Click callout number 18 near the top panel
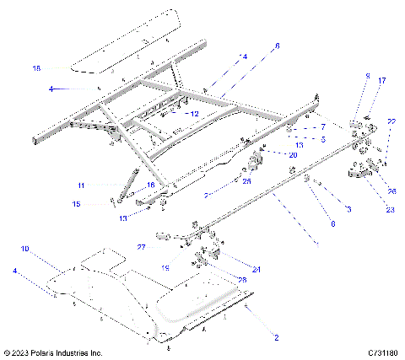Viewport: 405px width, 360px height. pos(36,67)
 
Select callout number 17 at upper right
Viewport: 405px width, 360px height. pos(381,81)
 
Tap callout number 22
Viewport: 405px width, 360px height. pos(391,122)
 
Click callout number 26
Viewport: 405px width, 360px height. pos(391,191)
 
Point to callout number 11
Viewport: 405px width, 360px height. pos(81,185)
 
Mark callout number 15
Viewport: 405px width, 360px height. pos(75,203)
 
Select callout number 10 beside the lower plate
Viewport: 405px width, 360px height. pos(24,250)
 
